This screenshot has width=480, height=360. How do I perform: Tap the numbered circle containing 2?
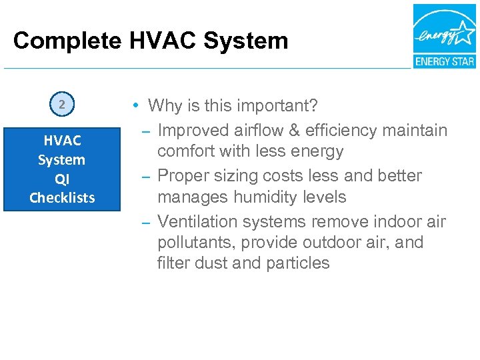tap(61, 105)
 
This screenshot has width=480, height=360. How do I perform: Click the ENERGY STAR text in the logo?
tap(444, 61)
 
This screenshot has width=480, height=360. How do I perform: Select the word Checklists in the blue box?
tap(62, 197)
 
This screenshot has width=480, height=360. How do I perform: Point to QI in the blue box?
tap(61, 179)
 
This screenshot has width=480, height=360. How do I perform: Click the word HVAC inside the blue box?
tap(62, 141)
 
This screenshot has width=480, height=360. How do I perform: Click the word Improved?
tap(193, 130)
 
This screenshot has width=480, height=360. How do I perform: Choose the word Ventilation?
tap(199, 221)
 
